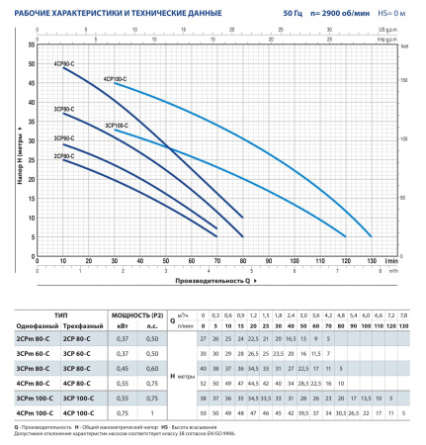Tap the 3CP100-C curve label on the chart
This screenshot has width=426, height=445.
[x=119, y=127]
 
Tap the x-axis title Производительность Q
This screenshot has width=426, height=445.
[x=211, y=280]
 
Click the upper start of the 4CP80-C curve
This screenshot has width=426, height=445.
[x=64, y=67]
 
